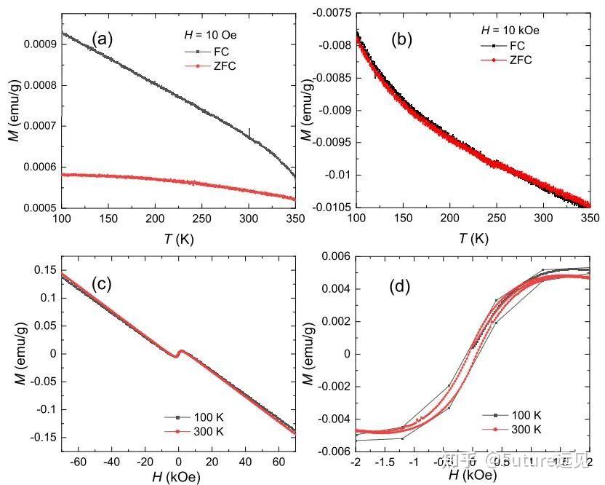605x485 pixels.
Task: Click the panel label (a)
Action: pos(101,39)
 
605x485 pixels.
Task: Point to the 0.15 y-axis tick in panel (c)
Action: pos(41,269)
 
